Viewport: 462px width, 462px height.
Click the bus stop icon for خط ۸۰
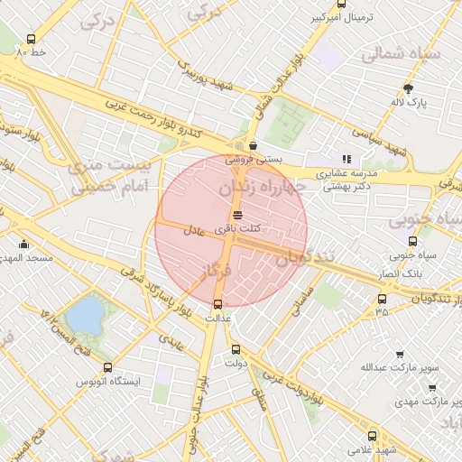pyautogui.click(x=32, y=40)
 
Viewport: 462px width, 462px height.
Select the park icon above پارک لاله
pyautogui.click(x=408, y=88)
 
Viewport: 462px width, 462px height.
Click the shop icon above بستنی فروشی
pyautogui.click(x=254, y=144)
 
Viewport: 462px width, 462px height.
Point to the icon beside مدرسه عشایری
pyautogui.click(x=346, y=159)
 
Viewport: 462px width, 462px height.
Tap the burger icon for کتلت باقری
pyautogui.click(x=237, y=215)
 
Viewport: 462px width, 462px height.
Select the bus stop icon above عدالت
pyautogui.click(x=217, y=304)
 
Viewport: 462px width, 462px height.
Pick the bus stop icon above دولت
pyautogui.click(x=236, y=350)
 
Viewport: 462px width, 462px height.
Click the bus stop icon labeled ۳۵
pyautogui.click(x=382, y=299)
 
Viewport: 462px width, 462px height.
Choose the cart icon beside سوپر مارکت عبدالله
pyautogui.click(x=400, y=355)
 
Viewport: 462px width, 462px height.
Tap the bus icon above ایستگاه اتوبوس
pyautogui.click(x=108, y=367)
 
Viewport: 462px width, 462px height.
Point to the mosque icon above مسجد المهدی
pyautogui.click(x=23, y=244)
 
